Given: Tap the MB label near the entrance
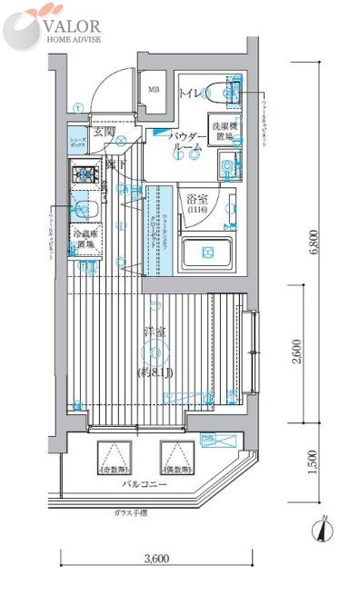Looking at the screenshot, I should point(155,89).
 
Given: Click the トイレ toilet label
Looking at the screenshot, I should point(191,93).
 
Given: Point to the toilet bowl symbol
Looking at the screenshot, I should point(218,92).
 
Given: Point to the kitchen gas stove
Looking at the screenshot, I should point(87,176).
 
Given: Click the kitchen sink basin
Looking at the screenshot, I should point(87,209).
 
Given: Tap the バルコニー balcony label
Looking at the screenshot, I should point(142,486).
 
